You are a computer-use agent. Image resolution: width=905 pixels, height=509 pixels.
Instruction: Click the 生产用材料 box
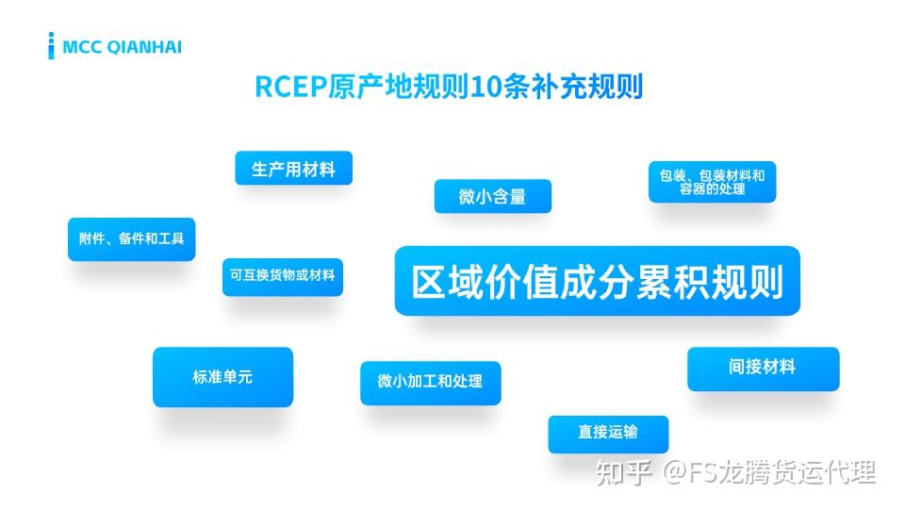pos(293,169)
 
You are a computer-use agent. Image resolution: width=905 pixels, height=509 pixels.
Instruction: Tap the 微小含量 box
pos(492,196)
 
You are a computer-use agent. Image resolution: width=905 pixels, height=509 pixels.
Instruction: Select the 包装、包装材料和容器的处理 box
pos(712,182)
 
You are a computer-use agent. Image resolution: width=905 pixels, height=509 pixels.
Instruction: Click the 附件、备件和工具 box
pos(131,239)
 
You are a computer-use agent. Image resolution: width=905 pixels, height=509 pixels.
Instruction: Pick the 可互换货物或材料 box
pos(283,276)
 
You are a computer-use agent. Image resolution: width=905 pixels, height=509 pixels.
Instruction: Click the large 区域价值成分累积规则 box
pos(597,281)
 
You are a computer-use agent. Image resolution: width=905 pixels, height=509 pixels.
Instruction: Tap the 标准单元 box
pos(222,377)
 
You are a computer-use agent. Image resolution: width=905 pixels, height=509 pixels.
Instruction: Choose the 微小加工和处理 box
pos(430,382)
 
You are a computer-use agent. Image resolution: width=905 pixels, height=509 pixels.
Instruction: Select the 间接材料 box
pos(762,368)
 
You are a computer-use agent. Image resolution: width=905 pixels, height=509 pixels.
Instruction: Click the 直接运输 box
pos(608,433)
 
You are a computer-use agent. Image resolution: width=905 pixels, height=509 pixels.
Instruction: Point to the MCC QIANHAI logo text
pos(122,46)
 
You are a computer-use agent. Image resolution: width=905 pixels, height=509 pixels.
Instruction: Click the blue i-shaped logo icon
pos(51,45)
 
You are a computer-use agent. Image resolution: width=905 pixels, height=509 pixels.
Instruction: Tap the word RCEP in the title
pos(290,87)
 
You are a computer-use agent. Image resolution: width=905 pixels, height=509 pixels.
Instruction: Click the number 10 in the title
pos(485,87)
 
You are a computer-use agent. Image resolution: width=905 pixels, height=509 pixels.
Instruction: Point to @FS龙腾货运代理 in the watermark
pos(771,470)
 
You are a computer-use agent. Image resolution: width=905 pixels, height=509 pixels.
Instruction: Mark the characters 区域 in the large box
pos(447,282)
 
